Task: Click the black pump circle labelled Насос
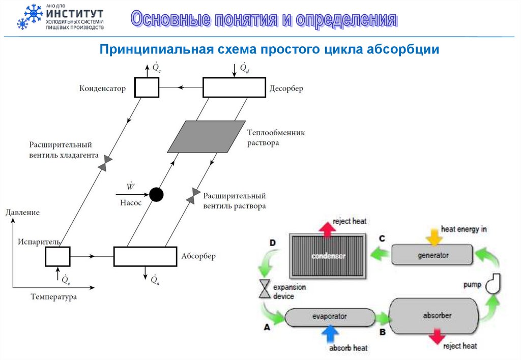156,194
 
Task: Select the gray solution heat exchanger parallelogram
207,136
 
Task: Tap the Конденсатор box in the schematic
147,87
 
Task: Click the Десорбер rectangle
234,87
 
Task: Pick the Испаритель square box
57,256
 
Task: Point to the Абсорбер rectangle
144,256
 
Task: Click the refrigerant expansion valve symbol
105,163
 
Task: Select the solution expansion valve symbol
193,196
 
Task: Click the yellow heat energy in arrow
434,236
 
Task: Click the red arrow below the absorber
436,337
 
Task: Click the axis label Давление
22,212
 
